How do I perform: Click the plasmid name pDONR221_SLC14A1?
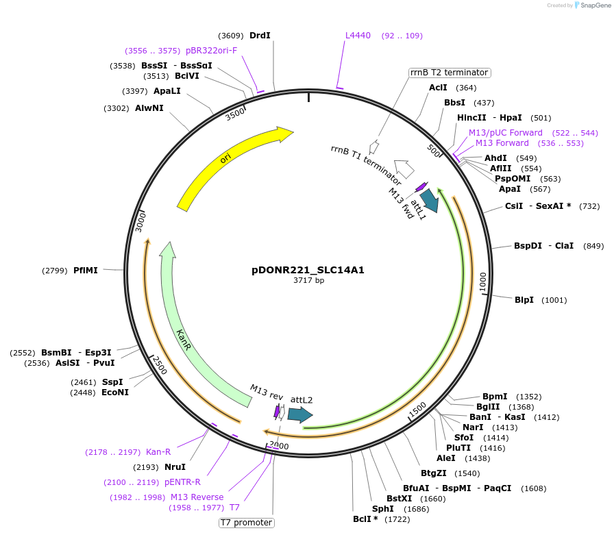(x=308, y=270)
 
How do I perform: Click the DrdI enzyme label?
(x=260, y=36)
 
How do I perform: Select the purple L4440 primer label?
(x=358, y=36)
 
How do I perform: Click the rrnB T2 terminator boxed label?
(x=450, y=73)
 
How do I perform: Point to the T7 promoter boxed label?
(x=247, y=523)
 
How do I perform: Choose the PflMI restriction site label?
(x=86, y=271)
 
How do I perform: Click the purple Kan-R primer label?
(x=158, y=452)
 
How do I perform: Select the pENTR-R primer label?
(x=182, y=482)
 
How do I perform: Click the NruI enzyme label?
(x=175, y=467)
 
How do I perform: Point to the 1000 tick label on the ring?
(x=483, y=282)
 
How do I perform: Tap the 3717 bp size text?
(x=308, y=281)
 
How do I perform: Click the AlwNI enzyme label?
(x=149, y=108)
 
